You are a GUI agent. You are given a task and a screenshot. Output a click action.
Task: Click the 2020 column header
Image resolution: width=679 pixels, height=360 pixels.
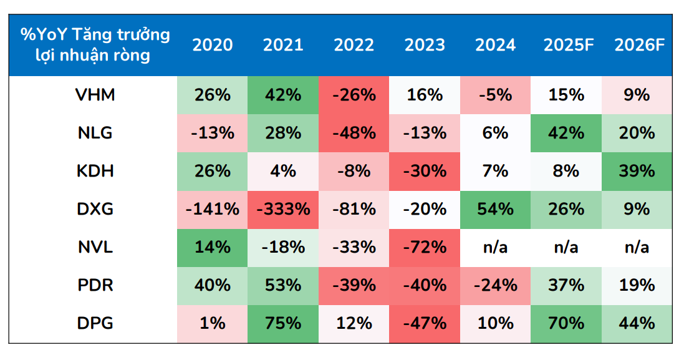coord(212,46)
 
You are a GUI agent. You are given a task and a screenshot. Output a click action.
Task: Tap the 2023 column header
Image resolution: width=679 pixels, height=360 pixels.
coord(425,46)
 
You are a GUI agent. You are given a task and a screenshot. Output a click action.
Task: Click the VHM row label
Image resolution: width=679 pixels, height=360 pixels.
coord(94,95)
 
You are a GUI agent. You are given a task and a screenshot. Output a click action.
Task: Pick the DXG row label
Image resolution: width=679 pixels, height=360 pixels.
coord(94,209)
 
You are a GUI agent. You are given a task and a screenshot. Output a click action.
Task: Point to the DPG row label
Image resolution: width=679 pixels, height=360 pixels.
coord(94,323)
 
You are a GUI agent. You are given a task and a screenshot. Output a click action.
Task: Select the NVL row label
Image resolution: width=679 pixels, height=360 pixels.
coord(94,247)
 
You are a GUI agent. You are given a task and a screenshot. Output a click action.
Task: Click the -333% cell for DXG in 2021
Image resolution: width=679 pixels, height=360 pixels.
coord(283,209)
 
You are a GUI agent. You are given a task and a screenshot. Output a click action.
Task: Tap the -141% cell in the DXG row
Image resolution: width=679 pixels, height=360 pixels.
coord(212,209)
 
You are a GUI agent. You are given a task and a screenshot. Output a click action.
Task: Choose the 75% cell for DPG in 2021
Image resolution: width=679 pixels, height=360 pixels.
coord(283,323)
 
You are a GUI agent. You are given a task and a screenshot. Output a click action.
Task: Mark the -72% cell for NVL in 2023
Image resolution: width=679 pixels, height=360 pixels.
coord(425,247)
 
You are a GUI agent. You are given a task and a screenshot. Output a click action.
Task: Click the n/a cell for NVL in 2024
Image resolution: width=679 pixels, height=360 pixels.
coord(496,247)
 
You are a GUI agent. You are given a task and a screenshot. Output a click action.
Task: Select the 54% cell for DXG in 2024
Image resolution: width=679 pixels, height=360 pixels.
coord(496,209)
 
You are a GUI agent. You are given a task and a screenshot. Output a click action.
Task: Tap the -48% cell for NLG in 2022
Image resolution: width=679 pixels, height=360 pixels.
coord(354,133)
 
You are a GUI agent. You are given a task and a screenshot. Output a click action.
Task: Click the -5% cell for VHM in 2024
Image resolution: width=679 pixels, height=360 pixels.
coord(496,95)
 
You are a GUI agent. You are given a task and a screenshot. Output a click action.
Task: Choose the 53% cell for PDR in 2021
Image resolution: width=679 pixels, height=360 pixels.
coord(283,285)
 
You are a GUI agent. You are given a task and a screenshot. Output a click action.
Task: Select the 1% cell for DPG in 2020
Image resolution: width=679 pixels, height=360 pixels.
coord(212,323)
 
